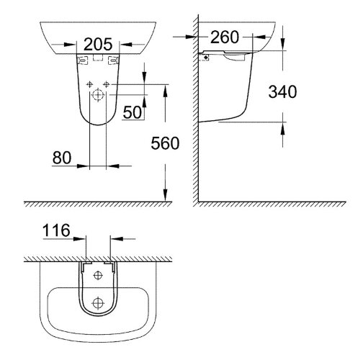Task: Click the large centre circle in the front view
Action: (98, 93)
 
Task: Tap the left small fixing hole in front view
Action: (89, 84)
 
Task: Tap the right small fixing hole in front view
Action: (107, 84)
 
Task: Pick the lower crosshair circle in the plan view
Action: (98, 302)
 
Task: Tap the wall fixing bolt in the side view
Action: (206, 55)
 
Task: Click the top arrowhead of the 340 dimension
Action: (282, 46)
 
